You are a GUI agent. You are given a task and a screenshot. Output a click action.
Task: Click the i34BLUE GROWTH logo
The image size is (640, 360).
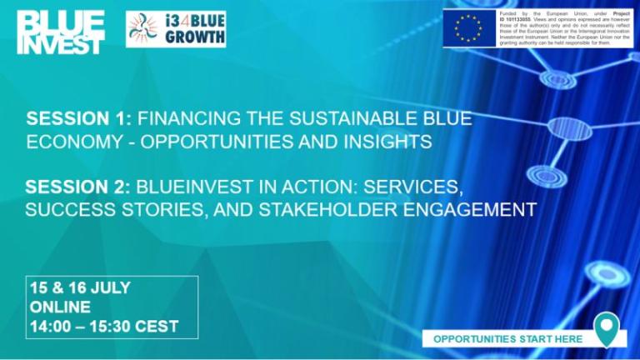coord(176,29)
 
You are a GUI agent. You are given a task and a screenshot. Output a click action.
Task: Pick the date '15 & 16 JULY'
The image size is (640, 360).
coord(80,287)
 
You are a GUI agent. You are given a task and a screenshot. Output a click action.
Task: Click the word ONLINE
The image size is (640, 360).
coord(61,307)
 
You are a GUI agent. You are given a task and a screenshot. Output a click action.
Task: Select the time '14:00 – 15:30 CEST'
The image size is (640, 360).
coord(104,327)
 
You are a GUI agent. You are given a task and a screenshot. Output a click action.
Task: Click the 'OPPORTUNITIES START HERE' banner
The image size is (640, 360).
coord(507,338)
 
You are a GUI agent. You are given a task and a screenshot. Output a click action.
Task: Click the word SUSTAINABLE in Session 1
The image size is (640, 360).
coord(337,120)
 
